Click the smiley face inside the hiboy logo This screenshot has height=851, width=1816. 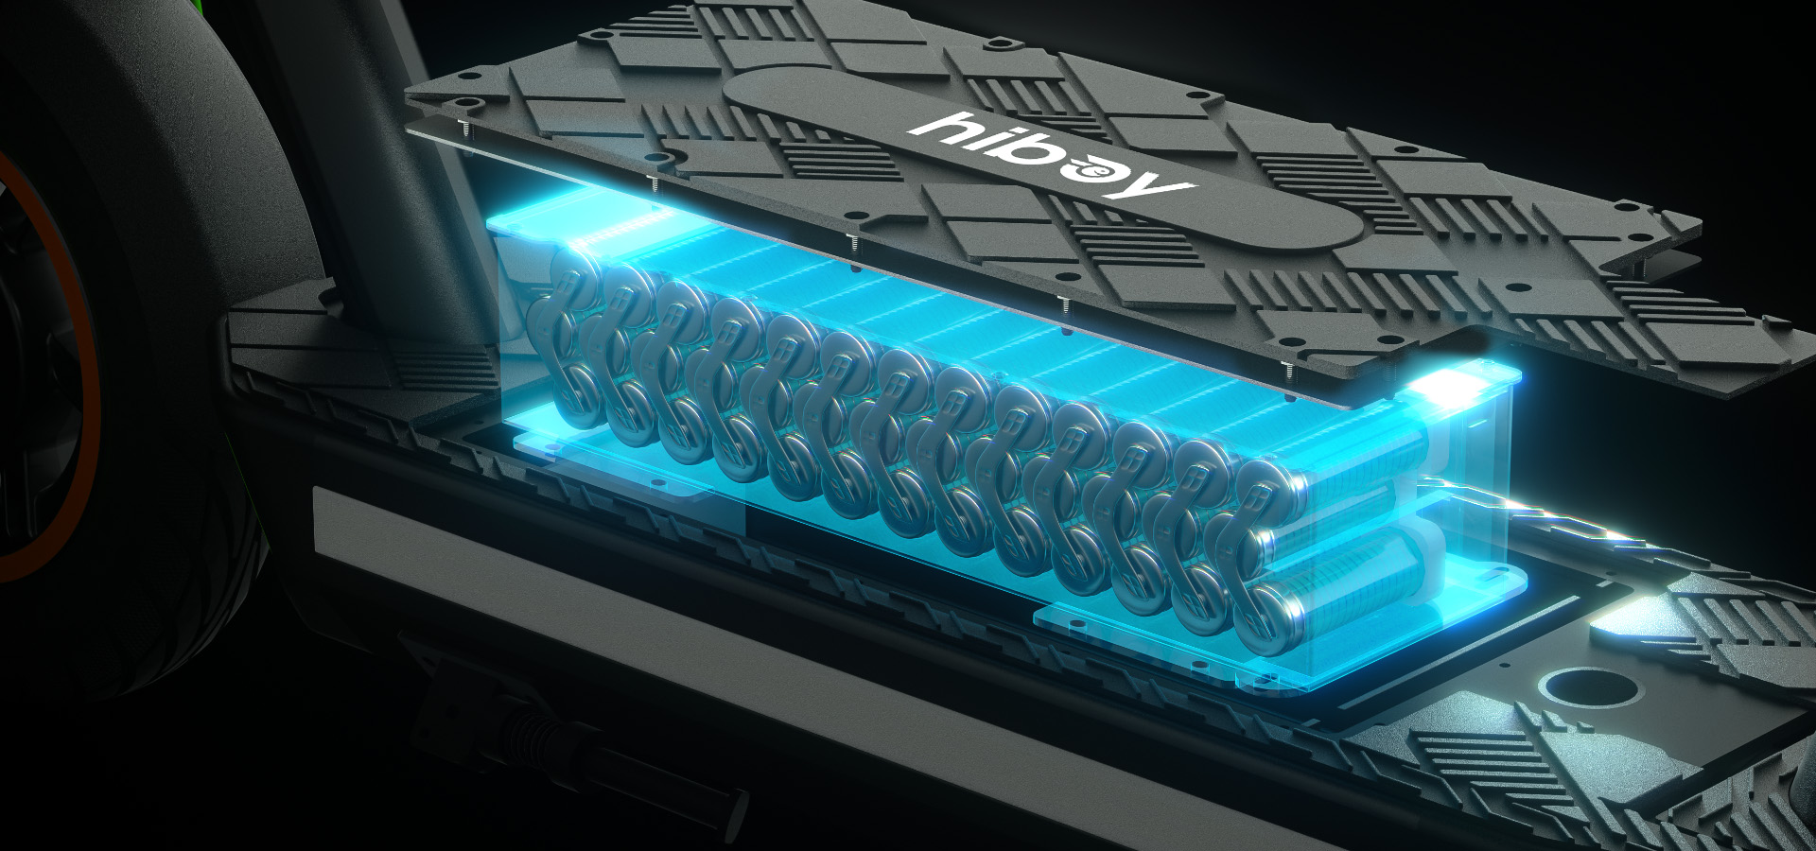tap(1097, 171)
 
